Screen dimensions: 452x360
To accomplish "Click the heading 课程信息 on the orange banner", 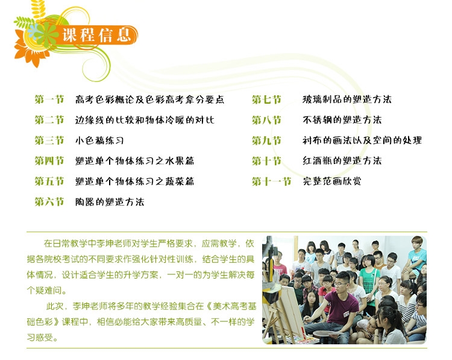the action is (96, 35).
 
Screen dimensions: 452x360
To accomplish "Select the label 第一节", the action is (49, 99).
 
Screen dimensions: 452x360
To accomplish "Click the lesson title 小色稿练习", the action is (99, 141).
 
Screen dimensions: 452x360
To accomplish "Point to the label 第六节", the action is (49, 201).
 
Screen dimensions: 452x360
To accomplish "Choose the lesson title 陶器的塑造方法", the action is (110, 201).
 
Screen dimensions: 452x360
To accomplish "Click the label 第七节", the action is (266, 99).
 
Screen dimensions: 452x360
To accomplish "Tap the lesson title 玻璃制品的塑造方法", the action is (347, 99).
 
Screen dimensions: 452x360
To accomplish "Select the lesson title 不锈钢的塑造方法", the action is (342, 120).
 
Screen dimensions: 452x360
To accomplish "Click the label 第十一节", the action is (272, 182).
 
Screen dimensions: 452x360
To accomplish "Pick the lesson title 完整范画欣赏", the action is (332, 182).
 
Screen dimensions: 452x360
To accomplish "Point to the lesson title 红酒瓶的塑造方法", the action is (342, 160).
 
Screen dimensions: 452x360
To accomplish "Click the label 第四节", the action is (49, 160).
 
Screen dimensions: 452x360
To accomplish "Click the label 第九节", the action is (266, 141).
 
